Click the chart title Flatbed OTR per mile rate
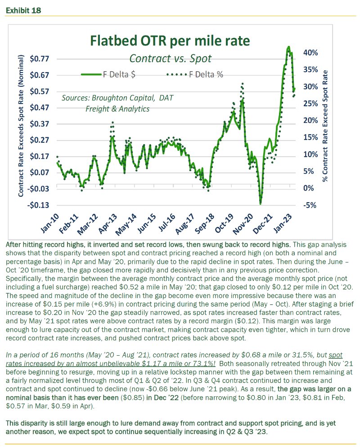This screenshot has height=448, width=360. click(170, 41)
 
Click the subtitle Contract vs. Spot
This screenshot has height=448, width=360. click(170, 58)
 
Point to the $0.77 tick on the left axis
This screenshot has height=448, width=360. click(39, 59)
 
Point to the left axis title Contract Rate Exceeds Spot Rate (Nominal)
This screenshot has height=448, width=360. click(20, 126)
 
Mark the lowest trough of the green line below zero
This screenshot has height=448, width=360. click(261, 203)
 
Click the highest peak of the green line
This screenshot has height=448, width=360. click(288, 47)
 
